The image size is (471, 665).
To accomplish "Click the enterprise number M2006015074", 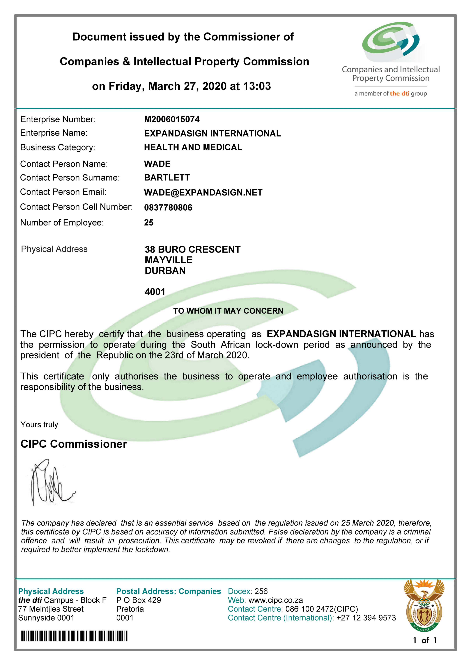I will click(172, 119).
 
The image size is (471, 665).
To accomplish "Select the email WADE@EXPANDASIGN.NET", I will click(203, 193).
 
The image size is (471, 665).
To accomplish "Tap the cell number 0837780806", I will click(168, 208).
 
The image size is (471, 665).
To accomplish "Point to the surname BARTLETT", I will click(167, 178).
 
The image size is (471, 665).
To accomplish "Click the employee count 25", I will click(149, 223).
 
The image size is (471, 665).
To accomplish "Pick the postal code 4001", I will click(155, 292).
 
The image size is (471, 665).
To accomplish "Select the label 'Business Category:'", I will click(58, 147).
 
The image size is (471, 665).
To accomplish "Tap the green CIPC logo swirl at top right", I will click(390, 41).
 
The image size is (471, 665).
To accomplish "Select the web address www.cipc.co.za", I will click(276, 600).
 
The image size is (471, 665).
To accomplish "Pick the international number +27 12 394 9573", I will click(366, 618).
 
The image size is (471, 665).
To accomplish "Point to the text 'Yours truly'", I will click(39, 425).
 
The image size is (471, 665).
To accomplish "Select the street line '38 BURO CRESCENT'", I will click(193, 249).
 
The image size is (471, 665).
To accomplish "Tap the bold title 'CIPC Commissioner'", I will click(74, 444).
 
